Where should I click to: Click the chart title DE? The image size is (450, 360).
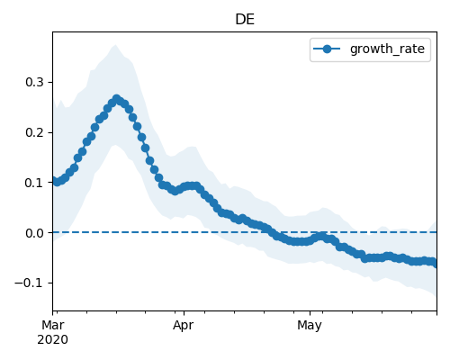tap(245, 20)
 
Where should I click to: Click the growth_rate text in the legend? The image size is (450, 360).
tap(387, 49)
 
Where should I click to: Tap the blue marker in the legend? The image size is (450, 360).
tap(327, 49)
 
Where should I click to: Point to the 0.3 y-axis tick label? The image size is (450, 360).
tap(35, 82)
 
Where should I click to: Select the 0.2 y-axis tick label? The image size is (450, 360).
tap(35, 132)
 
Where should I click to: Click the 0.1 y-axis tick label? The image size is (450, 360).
tap(35, 183)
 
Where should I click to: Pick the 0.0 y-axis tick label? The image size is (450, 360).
tap(35, 233)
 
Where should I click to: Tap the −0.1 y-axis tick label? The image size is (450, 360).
tap(30, 283)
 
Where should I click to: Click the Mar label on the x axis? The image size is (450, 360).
tap(53, 325)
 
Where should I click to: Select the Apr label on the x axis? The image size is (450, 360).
tap(183, 325)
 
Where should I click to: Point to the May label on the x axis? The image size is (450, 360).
tap(310, 325)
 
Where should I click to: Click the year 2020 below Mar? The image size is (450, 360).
tap(53, 340)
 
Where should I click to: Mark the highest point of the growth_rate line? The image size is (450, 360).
tap(116, 99)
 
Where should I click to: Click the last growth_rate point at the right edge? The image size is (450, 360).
tap(435, 263)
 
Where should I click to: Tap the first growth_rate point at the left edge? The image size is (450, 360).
tap(55, 181)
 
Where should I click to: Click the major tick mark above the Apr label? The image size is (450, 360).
tap(184, 313)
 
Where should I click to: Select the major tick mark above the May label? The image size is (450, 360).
tap(310, 313)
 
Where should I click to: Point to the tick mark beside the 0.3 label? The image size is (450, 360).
tap(50, 82)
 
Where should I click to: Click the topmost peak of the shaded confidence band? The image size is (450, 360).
tap(115, 45)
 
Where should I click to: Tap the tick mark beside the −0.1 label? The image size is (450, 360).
tap(50, 283)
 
